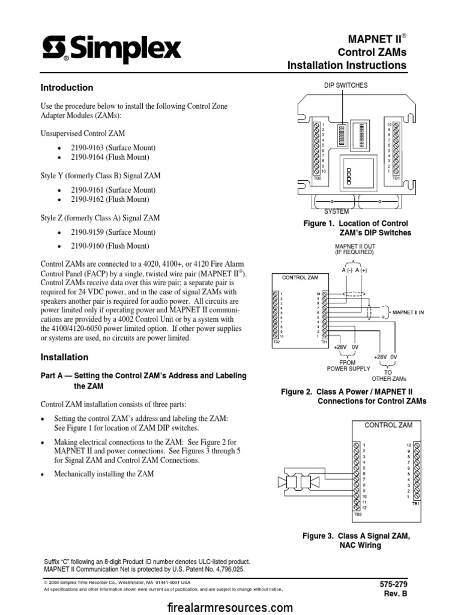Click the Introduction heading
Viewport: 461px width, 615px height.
pyautogui.click(x=66, y=88)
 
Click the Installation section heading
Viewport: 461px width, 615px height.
pyautogui.click(x=64, y=357)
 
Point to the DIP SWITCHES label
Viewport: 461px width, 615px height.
pyautogui.click(x=346, y=85)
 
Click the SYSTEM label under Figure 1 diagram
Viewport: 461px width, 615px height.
pyautogui.click(x=336, y=212)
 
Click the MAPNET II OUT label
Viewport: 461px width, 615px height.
pyautogui.click(x=354, y=249)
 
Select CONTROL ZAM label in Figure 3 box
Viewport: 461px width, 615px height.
pyautogui.click(x=388, y=425)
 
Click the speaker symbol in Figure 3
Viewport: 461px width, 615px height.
pyautogui.click(x=294, y=481)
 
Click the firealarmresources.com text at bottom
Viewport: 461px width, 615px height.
pyautogui.click(x=230, y=607)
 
